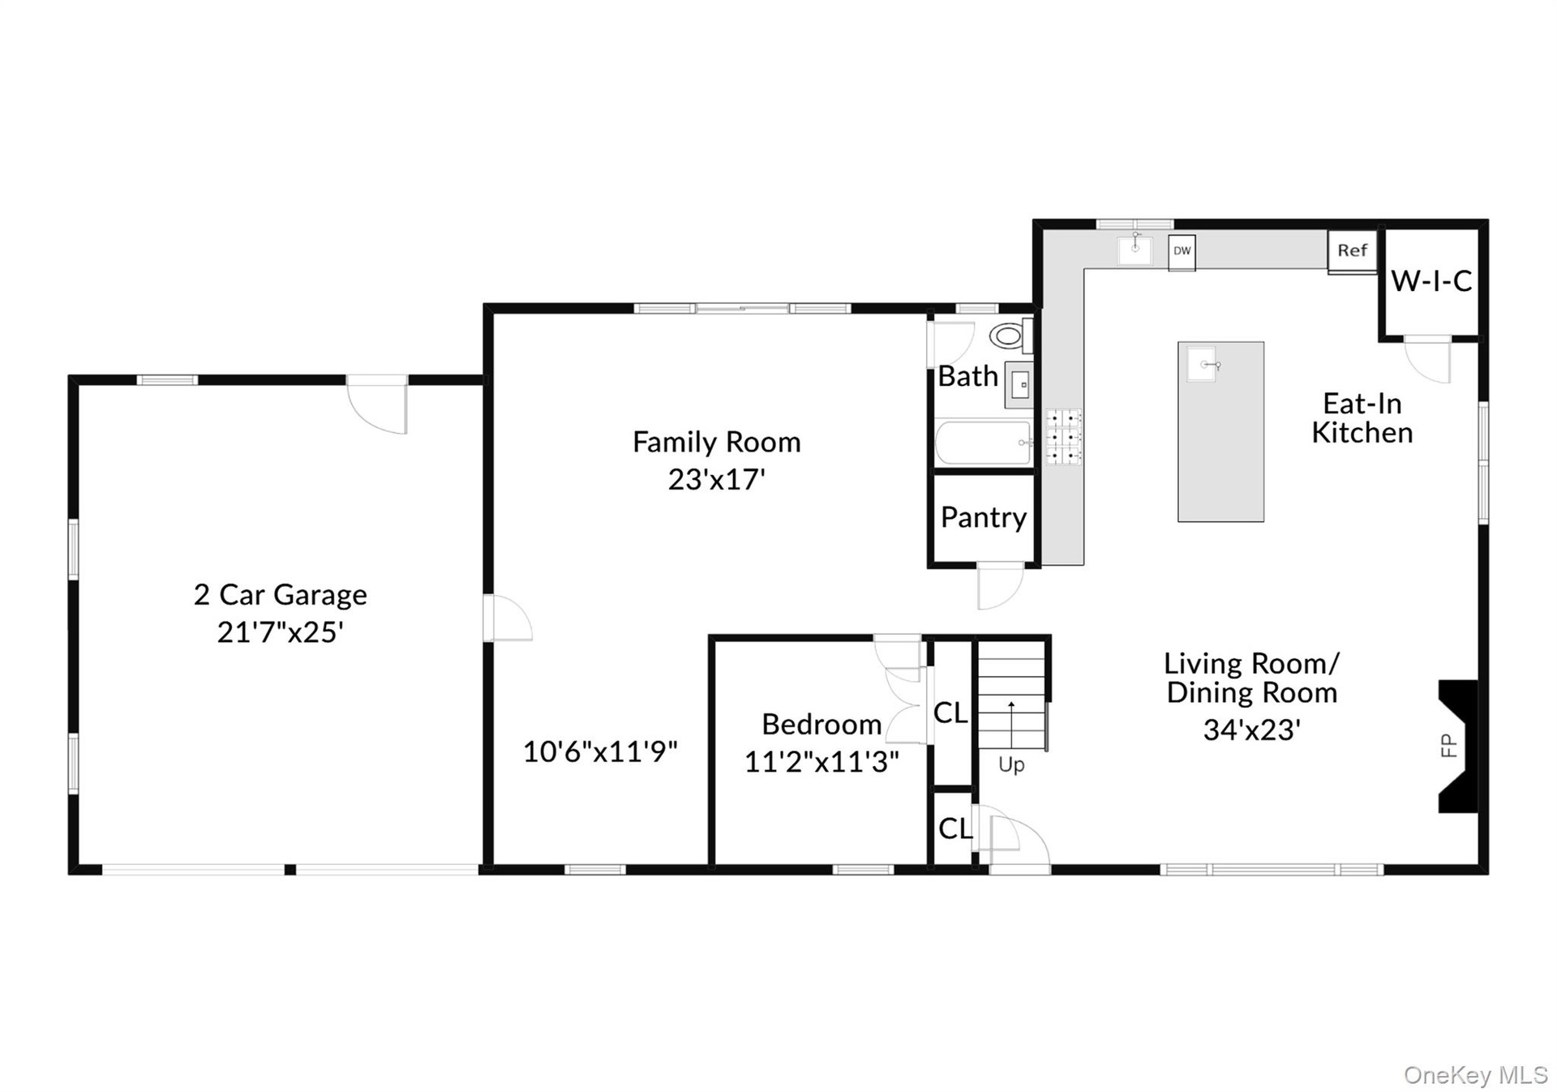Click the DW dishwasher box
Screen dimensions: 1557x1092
(1182, 252)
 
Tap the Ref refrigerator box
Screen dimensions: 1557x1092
(1352, 251)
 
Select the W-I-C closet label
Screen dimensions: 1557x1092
(1431, 281)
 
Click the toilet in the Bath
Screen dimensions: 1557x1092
(1010, 335)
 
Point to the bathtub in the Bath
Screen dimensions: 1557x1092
(984, 443)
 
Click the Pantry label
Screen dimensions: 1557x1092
(984, 517)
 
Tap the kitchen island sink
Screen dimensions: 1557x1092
(1202, 364)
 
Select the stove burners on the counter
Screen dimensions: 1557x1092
(1063, 437)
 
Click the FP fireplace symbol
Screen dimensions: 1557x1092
(1456, 746)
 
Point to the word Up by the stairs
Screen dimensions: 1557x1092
(1011, 764)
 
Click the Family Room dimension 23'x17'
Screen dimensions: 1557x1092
(717, 479)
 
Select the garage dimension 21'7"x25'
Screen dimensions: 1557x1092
(281, 632)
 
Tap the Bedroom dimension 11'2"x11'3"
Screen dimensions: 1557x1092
(821, 761)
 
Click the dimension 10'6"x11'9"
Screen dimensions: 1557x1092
(600, 752)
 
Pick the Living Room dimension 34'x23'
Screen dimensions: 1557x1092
(1252, 730)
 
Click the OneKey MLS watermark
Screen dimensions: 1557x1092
(1476, 1075)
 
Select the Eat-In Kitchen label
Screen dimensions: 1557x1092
(1362, 418)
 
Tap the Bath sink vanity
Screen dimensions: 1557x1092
(1019, 385)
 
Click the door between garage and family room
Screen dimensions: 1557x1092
(508, 618)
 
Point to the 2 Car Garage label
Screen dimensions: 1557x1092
(281, 595)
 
